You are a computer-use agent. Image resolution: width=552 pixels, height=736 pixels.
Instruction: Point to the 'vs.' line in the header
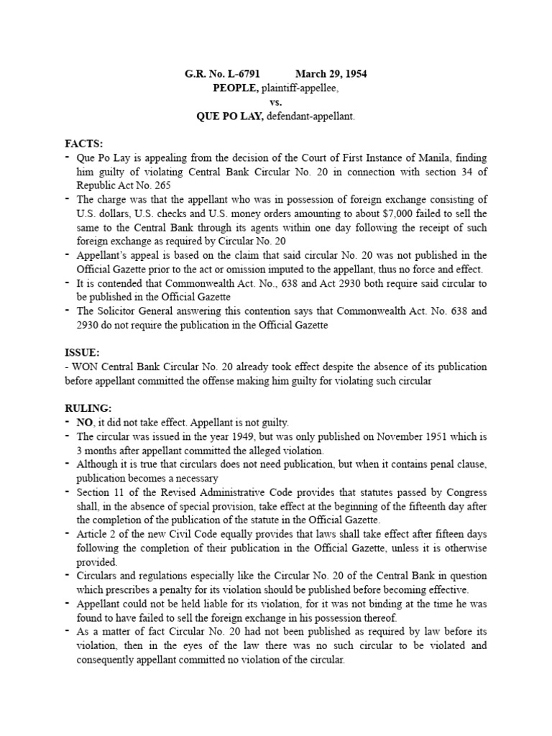(x=277, y=102)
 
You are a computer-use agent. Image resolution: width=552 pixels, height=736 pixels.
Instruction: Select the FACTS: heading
(x=83, y=144)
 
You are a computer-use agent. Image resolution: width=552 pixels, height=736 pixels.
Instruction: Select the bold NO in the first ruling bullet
(x=85, y=422)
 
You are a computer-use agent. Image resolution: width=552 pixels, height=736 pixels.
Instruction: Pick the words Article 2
(x=99, y=534)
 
